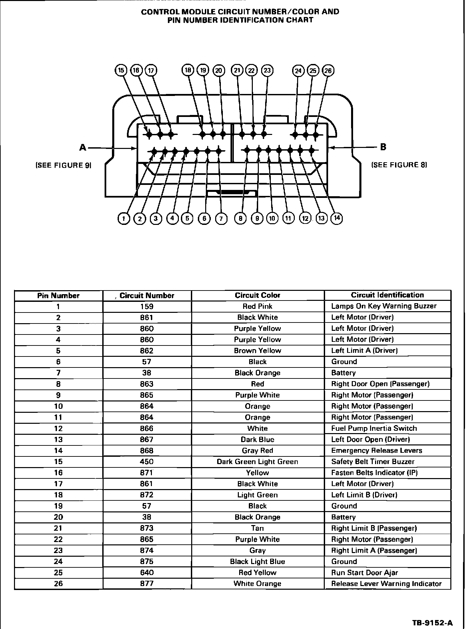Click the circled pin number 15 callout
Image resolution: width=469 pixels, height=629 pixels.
[x=121, y=70]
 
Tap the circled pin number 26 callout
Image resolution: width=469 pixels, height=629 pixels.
[x=328, y=70]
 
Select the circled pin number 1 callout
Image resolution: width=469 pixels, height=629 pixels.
[x=124, y=219]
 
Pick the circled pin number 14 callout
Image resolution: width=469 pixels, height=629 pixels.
[x=337, y=218]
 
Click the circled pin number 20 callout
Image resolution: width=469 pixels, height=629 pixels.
[x=219, y=70]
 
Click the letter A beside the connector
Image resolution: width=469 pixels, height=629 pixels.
[x=83, y=147]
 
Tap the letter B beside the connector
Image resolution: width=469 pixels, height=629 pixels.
[x=383, y=147]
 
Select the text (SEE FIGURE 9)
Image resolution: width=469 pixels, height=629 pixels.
[x=63, y=165]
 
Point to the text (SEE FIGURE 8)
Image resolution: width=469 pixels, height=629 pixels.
[x=399, y=165]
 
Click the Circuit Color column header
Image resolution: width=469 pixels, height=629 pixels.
[x=257, y=295]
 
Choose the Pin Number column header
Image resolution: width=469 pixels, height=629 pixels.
[x=58, y=296]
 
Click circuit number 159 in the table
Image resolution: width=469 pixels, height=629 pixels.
[x=147, y=307]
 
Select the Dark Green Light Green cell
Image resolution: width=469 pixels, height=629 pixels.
[x=257, y=462]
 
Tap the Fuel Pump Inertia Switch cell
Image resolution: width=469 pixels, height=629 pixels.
[x=374, y=428]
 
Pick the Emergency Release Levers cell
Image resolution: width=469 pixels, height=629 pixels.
[x=376, y=451]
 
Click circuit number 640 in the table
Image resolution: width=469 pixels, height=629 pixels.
[x=147, y=573]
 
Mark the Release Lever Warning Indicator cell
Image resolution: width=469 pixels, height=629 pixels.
[x=386, y=584]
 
